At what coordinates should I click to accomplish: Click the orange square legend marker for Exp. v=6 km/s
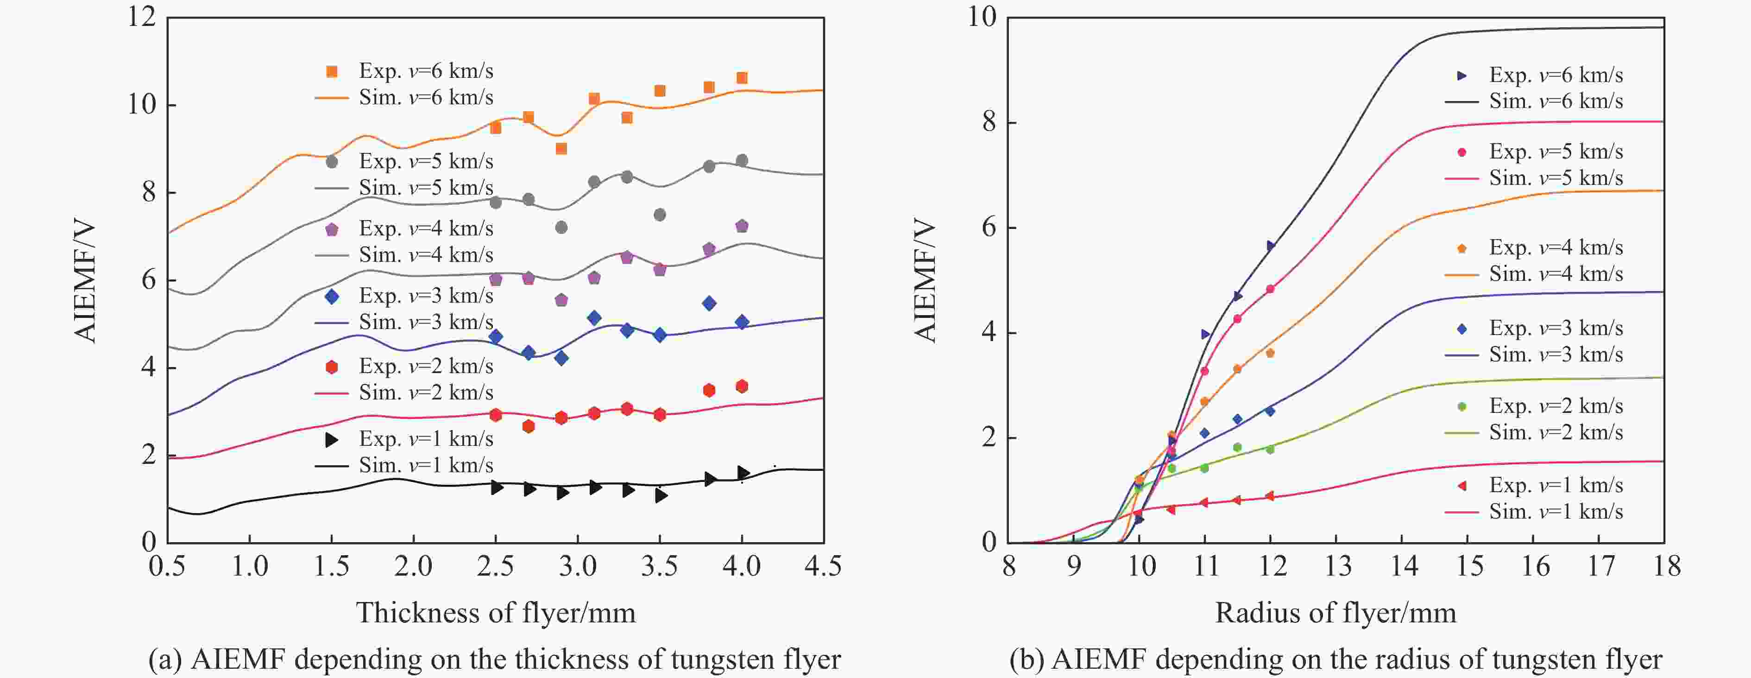click(332, 71)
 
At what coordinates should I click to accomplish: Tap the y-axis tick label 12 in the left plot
click(141, 17)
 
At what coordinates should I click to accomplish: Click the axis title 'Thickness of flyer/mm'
click(496, 613)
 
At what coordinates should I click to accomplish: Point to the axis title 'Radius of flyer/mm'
click(1335, 613)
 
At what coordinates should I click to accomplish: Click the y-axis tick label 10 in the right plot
click(982, 17)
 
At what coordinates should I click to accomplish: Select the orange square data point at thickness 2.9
click(561, 148)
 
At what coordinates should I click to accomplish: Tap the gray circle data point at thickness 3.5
click(659, 215)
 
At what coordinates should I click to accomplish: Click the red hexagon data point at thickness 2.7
click(528, 426)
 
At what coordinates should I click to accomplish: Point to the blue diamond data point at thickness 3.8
click(709, 303)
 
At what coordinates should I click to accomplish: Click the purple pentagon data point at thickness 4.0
click(742, 226)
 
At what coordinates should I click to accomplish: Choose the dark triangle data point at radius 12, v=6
click(1271, 246)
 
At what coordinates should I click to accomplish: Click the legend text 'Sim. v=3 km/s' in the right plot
click(1556, 355)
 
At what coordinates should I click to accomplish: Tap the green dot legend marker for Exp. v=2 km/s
click(1462, 407)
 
